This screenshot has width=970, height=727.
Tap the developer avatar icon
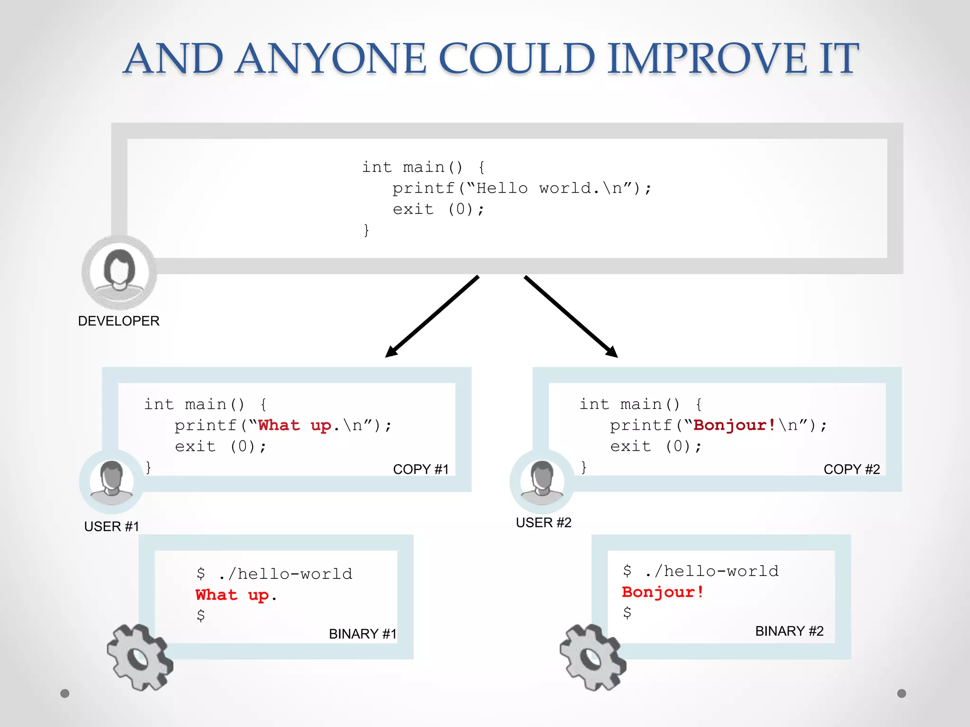point(119,272)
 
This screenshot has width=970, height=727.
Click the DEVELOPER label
point(118,321)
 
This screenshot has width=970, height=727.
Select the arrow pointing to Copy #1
point(432,317)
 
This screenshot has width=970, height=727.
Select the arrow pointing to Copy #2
point(571,317)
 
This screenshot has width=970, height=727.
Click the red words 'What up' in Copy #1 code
point(294,425)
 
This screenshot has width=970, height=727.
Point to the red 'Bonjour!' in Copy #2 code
point(734,425)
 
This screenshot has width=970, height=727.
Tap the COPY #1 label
point(421,469)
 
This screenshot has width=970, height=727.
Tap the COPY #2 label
point(852,469)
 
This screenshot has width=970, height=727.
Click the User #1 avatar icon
point(112,482)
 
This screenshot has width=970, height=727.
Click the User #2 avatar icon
point(542,482)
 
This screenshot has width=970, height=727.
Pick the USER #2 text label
point(543,523)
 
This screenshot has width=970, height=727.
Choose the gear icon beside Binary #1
point(140,657)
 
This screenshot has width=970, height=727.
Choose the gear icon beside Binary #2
point(593,657)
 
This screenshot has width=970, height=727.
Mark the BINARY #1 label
point(362,634)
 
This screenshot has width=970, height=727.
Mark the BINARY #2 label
point(789,631)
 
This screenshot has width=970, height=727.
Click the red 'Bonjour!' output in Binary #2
point(663,592)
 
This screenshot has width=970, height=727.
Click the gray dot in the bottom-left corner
point(65,693)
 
